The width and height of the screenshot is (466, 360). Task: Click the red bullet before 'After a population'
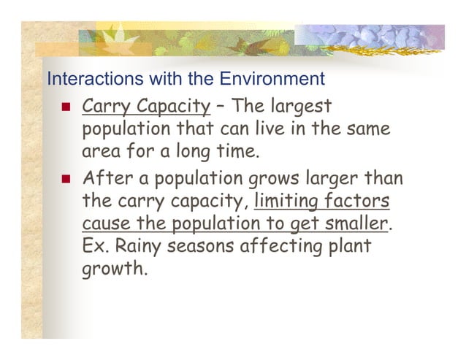pyautogui.click(x=66, y=178)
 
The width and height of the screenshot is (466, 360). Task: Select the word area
pyautogui.click(x=100, y=153)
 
